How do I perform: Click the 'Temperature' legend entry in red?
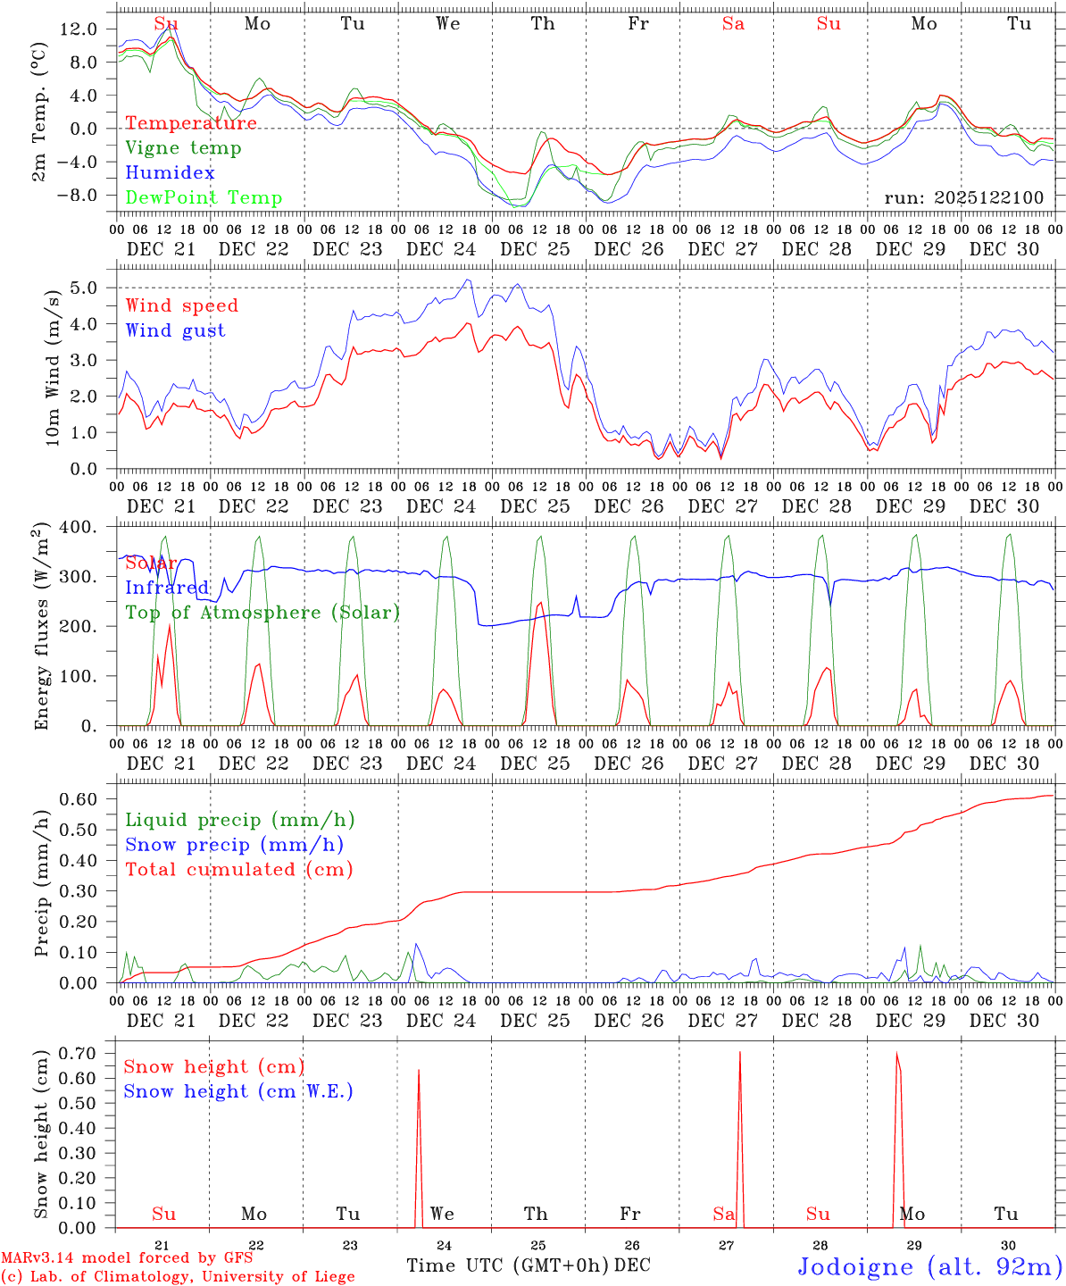191,123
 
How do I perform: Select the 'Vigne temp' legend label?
183,148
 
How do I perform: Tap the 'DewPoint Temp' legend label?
204,198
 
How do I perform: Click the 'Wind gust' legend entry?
176,330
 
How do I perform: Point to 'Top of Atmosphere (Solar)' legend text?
262,613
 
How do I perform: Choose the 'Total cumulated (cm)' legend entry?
238,869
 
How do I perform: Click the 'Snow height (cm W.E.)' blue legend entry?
238,1091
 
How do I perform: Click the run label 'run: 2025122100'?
964,197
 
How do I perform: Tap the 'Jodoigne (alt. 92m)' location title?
929,1266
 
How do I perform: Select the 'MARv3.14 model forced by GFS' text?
127,1258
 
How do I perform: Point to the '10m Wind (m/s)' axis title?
53,367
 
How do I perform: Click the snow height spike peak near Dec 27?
739,1054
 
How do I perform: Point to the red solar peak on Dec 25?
540,604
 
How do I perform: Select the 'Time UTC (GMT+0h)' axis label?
508,1265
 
